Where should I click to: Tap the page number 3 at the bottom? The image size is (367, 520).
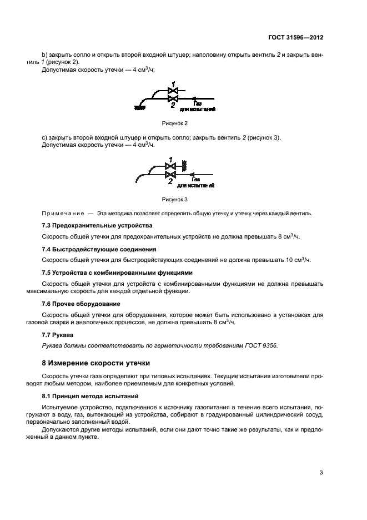[321, 473]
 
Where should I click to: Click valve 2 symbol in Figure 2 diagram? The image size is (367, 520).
[172, 98]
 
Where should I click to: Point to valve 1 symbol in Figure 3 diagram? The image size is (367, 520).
[170, 165]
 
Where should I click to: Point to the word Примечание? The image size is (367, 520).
[62, 213]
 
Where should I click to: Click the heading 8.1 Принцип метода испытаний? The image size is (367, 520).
[90, 397]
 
